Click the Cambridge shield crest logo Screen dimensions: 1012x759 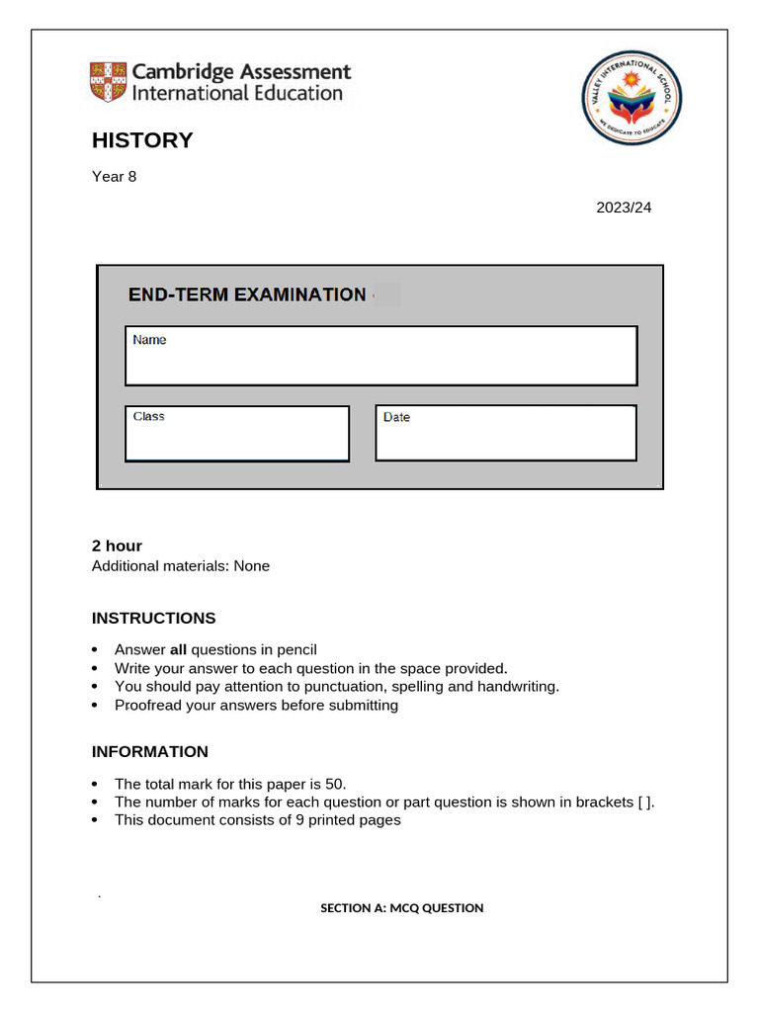(109, 82)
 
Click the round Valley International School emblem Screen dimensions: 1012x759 (632, 99)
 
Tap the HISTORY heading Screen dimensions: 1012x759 (142, 140)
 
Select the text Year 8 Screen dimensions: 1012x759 (114, 177)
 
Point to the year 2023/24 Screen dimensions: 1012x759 (624, 208)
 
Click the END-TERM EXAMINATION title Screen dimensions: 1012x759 (247, 295)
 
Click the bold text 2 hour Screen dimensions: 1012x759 (117, 546)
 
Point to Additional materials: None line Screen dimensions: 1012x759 (180, 566)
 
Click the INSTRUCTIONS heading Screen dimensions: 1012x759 (153, 619)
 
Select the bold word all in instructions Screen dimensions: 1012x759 (178, 649)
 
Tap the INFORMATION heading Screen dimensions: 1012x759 (150, 752)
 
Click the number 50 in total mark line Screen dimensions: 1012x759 (334, 784)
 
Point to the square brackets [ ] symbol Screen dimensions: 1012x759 (644, 801)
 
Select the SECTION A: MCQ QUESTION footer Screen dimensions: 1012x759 (401, 908)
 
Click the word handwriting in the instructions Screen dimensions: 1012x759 (518, 687)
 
